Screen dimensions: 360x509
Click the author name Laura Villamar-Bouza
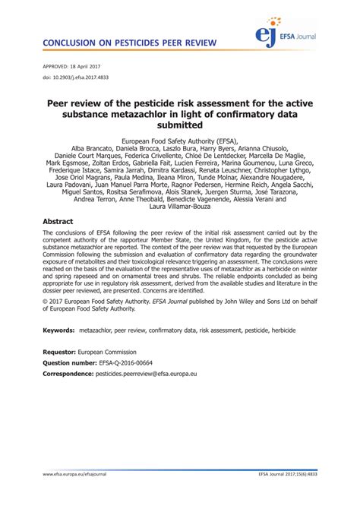point(179,205)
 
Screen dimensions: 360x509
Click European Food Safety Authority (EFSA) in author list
point(179,141)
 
